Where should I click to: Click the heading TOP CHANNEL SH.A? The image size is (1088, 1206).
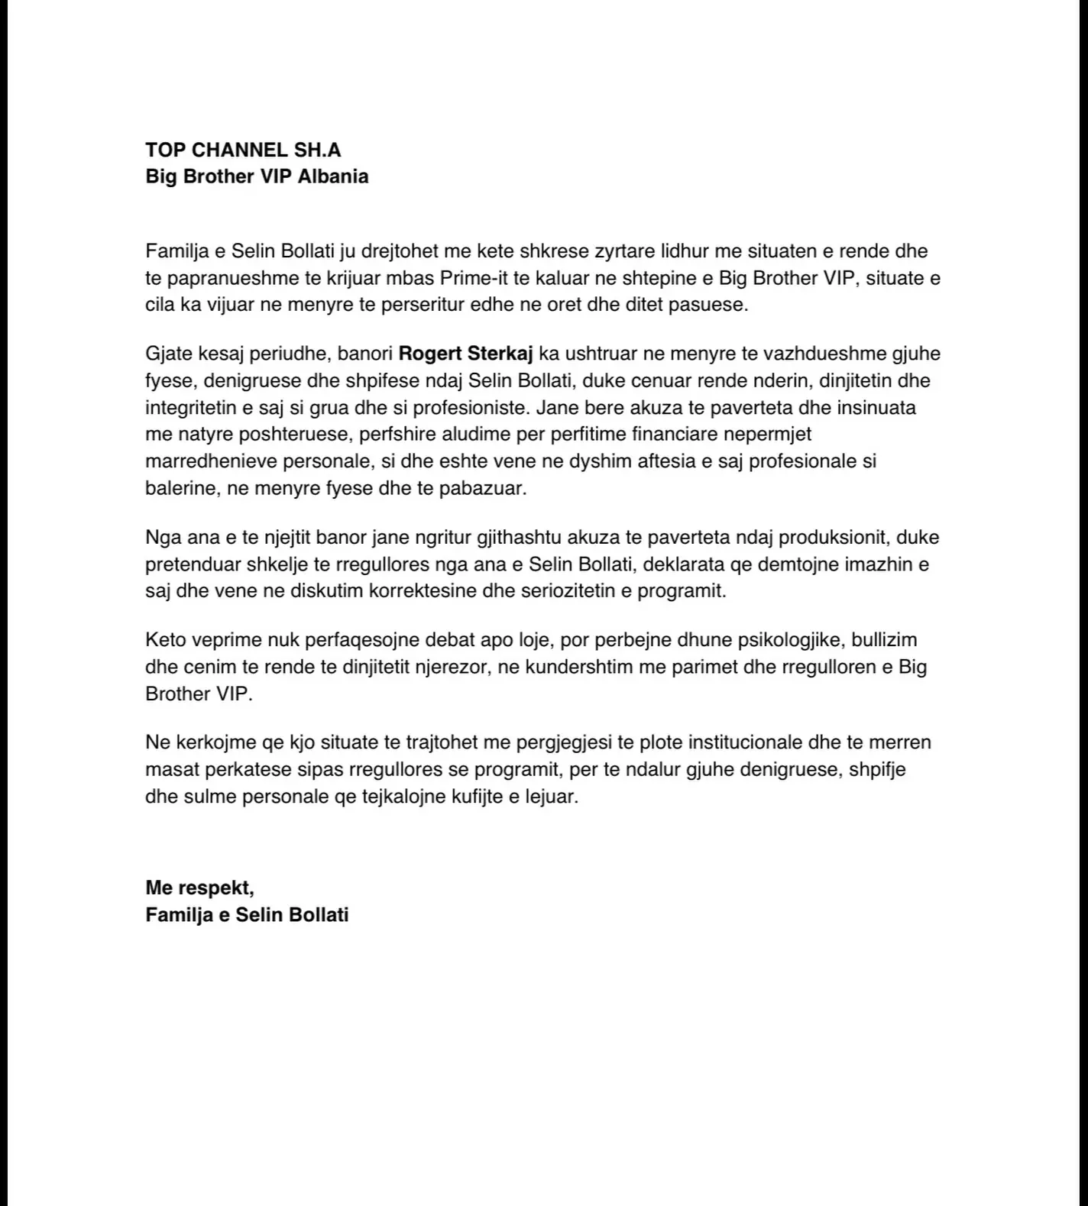click(x=243, y=149)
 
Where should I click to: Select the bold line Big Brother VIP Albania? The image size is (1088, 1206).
click(x=257, y=176)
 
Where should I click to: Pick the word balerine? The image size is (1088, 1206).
click(x=183, y=488)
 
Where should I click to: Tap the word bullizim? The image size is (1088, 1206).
click(x=886, y=639)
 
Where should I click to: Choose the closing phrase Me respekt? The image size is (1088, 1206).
click(x=199, y=888)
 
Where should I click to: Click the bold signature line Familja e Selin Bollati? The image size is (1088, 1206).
click(x=247, y=914)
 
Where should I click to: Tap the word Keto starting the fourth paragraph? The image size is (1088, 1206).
click(x=165, y=639)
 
